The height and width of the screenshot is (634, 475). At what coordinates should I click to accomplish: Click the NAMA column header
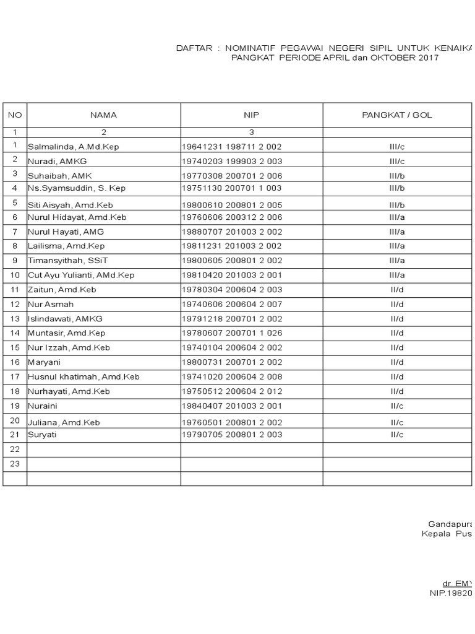[x=103, y=115]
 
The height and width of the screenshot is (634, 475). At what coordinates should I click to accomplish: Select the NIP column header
[x=251, y=115]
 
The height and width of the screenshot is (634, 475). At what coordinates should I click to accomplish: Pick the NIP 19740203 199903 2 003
[x=231, y=161]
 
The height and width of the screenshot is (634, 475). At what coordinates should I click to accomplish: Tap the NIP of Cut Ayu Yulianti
[x=231, y=275]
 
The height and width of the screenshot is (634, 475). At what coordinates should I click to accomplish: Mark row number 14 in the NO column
[x=15, y=332]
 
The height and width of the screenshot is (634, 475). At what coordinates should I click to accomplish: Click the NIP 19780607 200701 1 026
[x=231, y=333]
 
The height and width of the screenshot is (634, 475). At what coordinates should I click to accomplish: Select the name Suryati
[x=43, y=435]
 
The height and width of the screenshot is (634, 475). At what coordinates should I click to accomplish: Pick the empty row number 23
[x=15, y=464]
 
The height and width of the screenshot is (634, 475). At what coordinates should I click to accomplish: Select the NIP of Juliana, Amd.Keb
[x=231, y=422]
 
